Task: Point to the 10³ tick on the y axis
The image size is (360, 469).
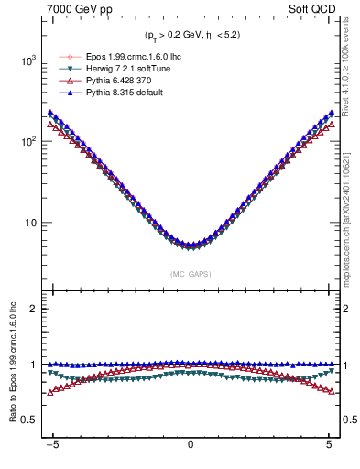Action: [x=27, y=60]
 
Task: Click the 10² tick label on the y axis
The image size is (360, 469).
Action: [x=27, y=142]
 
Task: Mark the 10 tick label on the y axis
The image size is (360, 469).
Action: [x=29, y=223]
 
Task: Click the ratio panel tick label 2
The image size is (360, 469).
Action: [x=33, y=309]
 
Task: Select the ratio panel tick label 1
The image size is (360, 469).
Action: [x=33, y=365]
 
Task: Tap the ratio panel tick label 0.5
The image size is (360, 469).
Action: [x=29, y=420]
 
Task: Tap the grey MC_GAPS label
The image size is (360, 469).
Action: [x=191, y=274]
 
